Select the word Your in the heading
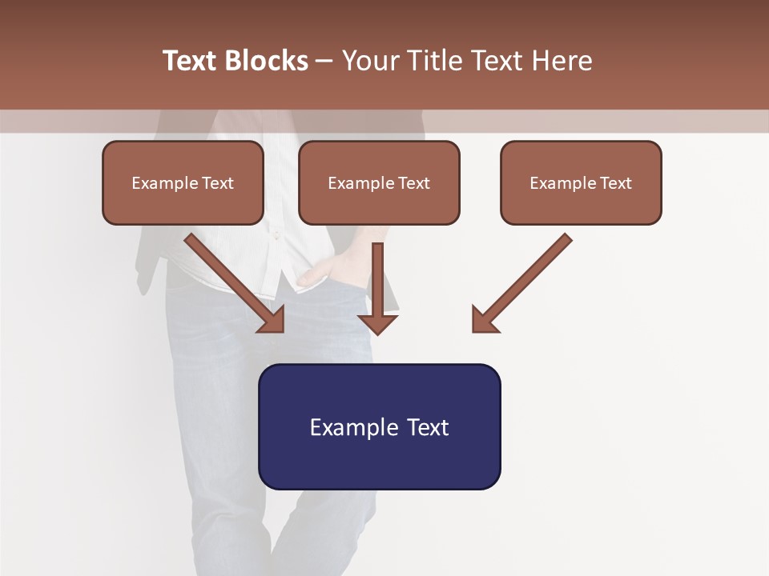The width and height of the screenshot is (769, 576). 368,61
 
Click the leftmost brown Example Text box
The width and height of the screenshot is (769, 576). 183,183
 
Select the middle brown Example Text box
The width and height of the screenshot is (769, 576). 379,183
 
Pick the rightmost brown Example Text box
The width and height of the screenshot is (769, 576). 581,183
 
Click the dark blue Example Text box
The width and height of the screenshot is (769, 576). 379,426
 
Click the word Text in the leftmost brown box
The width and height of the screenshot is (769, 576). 218,183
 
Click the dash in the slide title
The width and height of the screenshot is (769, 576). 324,61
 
